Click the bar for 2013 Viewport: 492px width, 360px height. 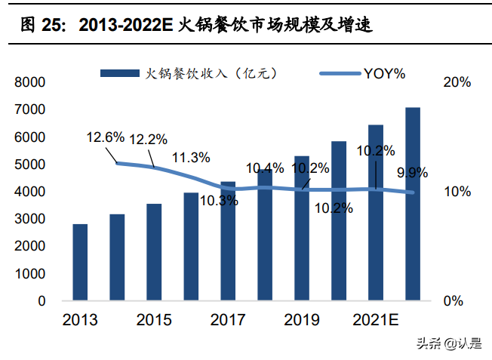80,263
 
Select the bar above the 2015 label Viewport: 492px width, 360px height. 154,252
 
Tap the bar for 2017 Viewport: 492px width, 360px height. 228,241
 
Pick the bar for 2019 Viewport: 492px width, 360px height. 302,228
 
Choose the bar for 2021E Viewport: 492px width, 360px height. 376,213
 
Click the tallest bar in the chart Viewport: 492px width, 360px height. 413,204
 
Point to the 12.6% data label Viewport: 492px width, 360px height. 105,137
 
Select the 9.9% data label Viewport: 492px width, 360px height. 413,174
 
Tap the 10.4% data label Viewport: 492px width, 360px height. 265,168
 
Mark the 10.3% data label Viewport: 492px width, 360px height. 219,201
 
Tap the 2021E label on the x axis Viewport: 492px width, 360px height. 375,321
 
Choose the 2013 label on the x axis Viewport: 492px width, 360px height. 80,321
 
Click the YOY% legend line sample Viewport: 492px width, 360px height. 340,73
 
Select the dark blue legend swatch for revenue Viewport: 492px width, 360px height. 120,73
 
